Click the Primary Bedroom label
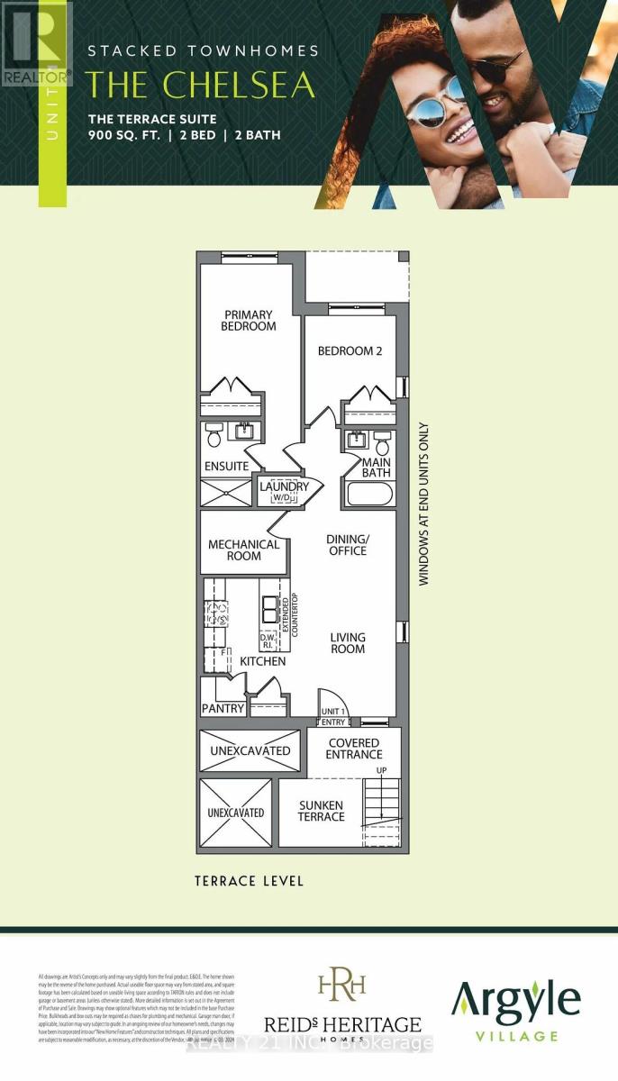(x=248, y=321)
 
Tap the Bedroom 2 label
(x=350, y=351)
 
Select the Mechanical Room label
(x=243, y=550)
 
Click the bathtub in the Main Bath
(x=368, y=495)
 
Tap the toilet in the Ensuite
(x=214, y=437)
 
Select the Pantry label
(x=223, y=708)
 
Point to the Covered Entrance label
(x=354, y=748)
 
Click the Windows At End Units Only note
(x=423, y=504)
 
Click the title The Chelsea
(x=200, y=85)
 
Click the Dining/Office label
(x=347, y=545)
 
